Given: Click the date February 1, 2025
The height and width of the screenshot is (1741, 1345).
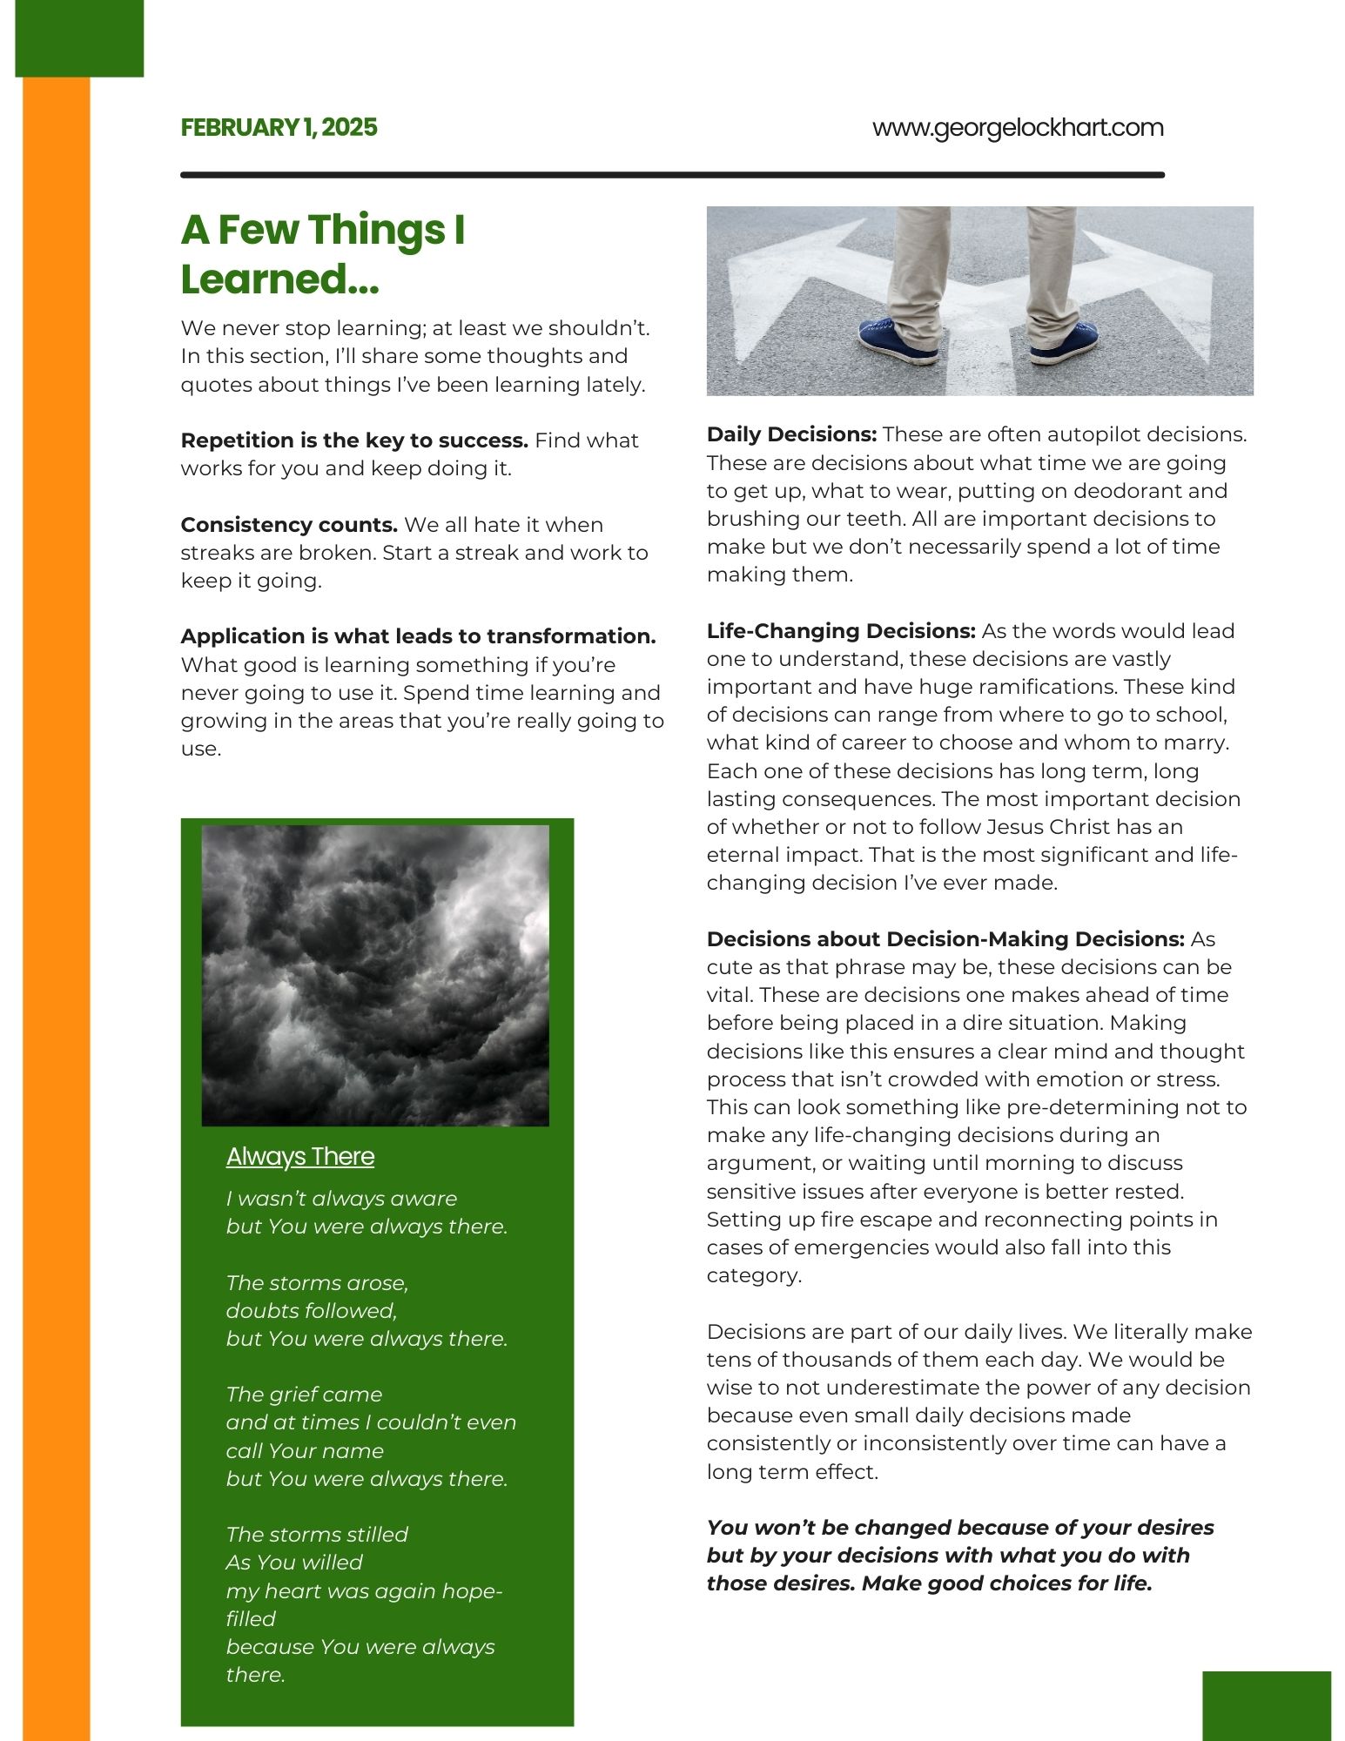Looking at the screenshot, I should click(x=279, y=128).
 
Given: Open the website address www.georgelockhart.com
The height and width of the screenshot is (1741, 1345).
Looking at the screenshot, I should click(x=1017, y=128).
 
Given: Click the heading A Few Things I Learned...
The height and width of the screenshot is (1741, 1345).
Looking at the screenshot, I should click(x=323, y=254).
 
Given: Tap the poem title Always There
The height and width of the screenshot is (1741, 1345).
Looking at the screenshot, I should click(x=300, y=1156).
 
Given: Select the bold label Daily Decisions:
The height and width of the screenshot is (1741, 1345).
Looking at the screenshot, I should click(x=791, y=434).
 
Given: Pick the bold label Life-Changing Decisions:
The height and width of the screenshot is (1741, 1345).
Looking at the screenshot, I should click(x=841, y=631).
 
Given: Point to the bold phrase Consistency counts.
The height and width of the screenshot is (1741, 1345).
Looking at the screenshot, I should click(x=289, y=525).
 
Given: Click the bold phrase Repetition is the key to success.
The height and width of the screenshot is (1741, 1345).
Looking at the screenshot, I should click(x=354, y=440).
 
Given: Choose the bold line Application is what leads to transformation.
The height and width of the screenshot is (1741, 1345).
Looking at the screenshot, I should click(x=418, y=636).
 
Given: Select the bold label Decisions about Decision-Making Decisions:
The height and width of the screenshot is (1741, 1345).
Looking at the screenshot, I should click(x=945, y=939).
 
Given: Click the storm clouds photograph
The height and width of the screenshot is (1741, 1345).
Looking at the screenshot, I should click(x=375, y=975).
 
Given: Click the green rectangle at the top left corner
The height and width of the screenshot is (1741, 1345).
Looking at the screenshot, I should click(x=79, y=38).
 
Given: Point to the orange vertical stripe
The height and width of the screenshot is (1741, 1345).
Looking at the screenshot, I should click(x=56, y=870).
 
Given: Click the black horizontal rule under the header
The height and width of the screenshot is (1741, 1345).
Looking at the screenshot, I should click(x=672, y=175).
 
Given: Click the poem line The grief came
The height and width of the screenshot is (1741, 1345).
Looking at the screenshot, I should click(x=304, y=1395).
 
